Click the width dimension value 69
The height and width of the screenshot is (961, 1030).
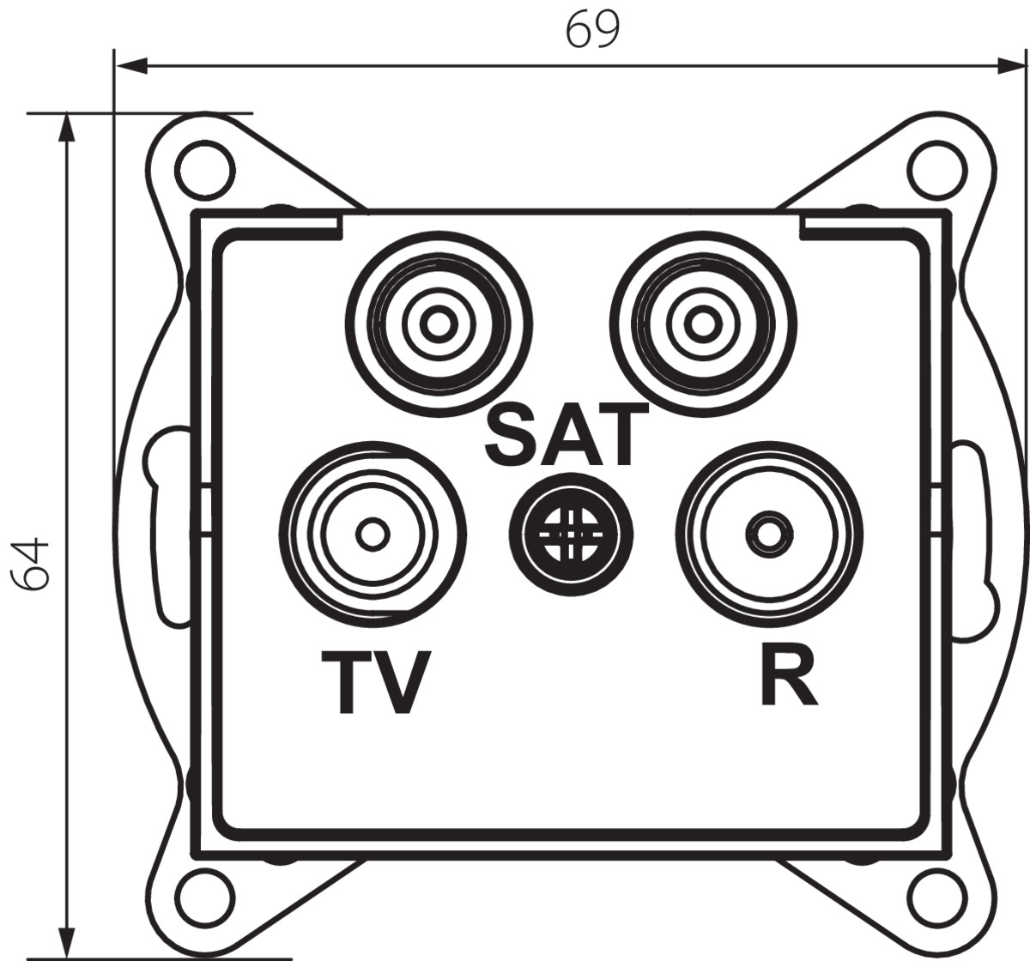(x=592, y=30)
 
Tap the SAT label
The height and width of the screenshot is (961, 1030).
(x=563, y=435)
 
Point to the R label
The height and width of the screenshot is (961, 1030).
(x=789, y=674)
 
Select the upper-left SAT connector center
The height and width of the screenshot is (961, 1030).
(x=438, y=325)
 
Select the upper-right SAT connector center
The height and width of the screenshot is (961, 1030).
(x=701, y=325)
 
